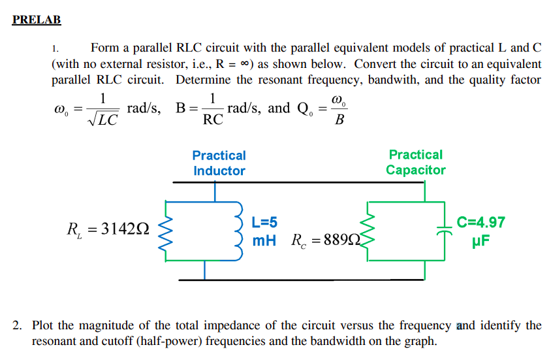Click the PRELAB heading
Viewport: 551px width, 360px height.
37,20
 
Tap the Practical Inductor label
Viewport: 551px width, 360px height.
219,163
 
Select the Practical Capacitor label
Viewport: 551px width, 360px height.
415,163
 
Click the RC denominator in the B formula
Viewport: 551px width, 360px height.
213,120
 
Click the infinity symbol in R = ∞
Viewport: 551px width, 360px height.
243,65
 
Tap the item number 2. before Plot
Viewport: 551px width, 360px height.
19,325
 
